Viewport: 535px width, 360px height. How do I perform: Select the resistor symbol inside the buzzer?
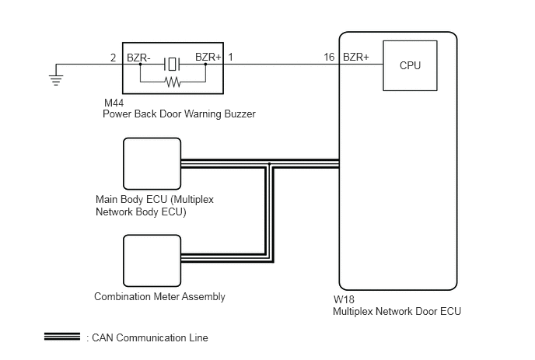(173, 82)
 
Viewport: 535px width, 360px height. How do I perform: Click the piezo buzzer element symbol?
(172, 64)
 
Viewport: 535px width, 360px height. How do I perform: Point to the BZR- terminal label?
(138, 58)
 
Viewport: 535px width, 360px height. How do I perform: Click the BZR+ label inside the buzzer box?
(208, 57)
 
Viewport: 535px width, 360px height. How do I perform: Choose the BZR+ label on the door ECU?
(356, 57)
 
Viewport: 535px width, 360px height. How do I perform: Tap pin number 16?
(329, 57)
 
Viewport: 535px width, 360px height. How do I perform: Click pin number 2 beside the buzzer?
(114, 58)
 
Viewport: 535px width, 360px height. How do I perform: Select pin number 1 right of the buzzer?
(231, 57)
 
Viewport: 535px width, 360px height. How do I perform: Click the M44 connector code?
(114, 103)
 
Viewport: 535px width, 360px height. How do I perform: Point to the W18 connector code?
(344, 299)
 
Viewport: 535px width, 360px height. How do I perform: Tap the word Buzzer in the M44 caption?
(240, 114)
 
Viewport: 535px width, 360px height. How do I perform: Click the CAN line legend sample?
(62, 337)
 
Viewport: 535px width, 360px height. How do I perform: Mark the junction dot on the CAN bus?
(269, 164)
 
